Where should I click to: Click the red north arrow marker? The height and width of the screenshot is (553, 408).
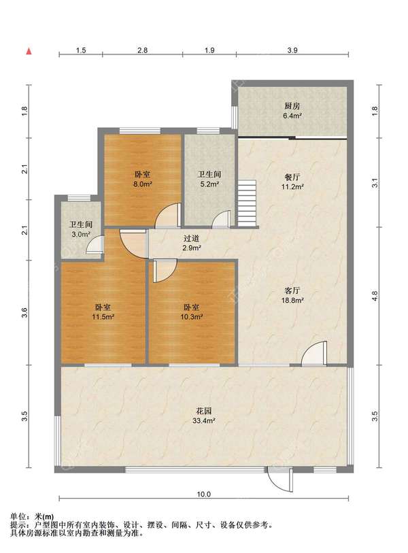29,52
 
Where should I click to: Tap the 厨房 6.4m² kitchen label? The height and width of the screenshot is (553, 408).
292,110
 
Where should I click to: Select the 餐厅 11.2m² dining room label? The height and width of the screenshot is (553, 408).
292,182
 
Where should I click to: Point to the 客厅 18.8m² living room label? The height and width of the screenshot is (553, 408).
292,295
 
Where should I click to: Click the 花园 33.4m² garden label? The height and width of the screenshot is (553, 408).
204,416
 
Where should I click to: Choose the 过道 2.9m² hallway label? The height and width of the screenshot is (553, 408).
192,243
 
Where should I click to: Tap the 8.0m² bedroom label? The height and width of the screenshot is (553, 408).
143,179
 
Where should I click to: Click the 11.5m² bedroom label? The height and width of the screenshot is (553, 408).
103,312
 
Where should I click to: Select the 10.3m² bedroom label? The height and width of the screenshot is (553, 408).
192,312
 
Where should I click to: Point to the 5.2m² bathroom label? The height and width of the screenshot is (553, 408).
209,179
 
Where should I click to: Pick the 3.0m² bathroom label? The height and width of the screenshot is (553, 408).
81,229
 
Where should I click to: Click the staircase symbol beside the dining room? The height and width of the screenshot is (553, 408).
248,203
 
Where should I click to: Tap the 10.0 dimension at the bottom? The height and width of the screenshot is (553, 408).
203,494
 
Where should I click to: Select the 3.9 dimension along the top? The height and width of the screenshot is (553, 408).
292,50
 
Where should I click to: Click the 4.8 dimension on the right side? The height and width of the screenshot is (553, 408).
375,295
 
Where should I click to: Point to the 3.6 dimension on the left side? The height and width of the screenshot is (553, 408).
24,312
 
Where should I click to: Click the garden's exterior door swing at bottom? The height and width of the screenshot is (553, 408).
281,479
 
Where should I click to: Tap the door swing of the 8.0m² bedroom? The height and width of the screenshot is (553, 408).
168,216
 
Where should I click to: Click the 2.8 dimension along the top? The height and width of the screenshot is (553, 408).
142,50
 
